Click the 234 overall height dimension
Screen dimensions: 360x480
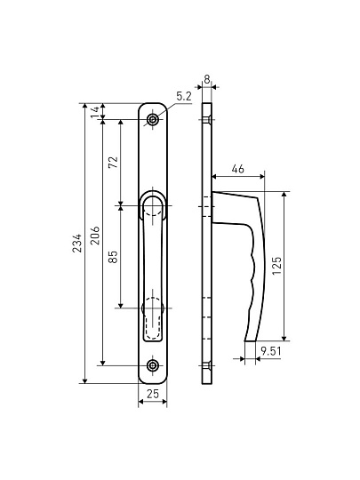pos(77,243)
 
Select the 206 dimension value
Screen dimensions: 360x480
pos(95,235)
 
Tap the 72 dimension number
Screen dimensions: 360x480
pos(114,162)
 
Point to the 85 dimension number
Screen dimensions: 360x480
pos(113,257)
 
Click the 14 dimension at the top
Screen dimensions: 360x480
pos(95,111)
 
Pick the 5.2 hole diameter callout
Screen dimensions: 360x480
pos(183,97)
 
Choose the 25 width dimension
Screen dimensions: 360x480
pos(153,394)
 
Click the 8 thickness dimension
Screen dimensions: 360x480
pos(207,79)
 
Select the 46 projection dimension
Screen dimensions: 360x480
pos(237,169)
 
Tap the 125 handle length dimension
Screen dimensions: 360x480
pos(276,266)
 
